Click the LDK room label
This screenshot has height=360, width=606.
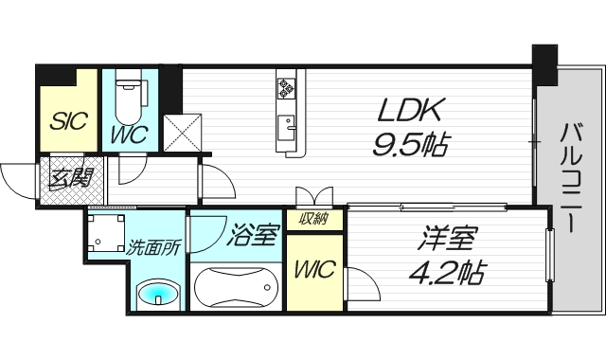[409, 110]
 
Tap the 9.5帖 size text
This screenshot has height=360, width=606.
[410, 144]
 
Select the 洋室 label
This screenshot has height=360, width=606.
[449, 238]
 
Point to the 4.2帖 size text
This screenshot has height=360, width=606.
[448, 272]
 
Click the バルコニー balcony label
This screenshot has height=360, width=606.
[572, 177]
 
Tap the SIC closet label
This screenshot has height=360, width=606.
[69, 121]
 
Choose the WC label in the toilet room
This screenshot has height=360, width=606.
[129, 135]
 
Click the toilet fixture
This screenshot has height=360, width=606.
[129, 98]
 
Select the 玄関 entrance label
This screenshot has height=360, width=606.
[72, 179]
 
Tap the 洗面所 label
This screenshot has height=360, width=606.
[153, 248]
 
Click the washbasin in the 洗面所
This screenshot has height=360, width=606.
[158, 293]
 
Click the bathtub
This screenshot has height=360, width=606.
[236, 287]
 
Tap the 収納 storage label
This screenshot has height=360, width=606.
[313, 219]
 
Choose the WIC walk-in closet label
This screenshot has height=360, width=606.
[314, 269]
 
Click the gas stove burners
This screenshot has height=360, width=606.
[286, 88]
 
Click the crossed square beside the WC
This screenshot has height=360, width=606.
[183, 133]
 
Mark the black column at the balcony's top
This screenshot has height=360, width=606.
[544, 65]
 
